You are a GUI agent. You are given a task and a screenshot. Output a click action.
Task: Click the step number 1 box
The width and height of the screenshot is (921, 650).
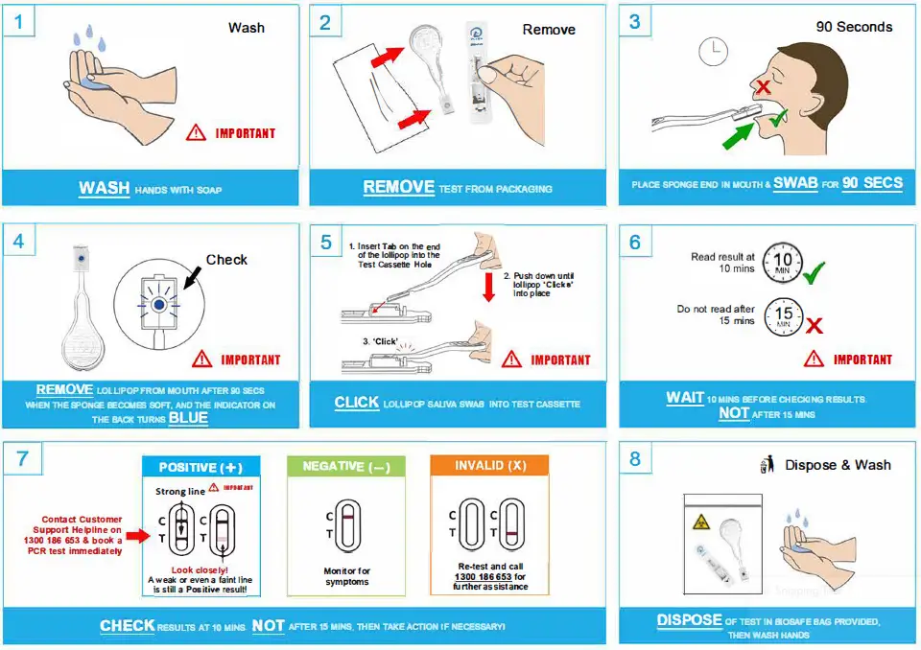pyautogui.click(x=18, y=22)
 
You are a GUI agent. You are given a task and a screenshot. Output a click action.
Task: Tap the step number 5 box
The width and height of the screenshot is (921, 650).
pyautogui.click(x=325, y=242)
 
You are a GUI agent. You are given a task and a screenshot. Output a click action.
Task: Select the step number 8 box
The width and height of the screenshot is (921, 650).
pyautogui.click(x=634, y=459)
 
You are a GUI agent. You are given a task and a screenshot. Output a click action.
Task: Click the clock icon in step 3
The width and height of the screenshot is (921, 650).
pyautogui.click(x=713, y=51)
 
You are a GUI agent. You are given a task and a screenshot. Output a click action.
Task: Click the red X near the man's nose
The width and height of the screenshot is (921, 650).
pyautogui.click(x=764, y=88)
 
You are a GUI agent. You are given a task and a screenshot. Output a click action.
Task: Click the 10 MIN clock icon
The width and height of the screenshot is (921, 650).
pyautogui.click(x=782, y=263)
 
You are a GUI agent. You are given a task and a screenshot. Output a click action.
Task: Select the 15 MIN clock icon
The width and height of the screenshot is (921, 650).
pyautogui.click(x=782, y=316)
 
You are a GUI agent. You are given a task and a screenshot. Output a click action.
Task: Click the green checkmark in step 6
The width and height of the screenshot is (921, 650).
pyautogui.click(x=815, y=273)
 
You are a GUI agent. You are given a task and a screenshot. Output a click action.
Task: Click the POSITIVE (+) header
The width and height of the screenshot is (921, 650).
pyautogui.click(x=201, y=467)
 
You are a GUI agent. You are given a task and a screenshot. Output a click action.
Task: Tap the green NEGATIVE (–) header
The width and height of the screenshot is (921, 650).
pyautogui.click(x=346, y=466)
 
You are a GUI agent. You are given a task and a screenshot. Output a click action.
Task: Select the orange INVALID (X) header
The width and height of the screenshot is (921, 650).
pyautogui.click(x=490, y=466)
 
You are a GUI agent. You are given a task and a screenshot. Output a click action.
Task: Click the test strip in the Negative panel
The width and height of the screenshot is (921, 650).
pyautogui.click(x=346, y=526)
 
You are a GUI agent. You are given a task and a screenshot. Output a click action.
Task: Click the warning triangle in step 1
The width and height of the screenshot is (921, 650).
pyautogui.click(x=196, y=132)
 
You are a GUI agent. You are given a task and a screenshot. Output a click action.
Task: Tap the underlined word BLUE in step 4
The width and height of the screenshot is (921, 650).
pyautogui.click(x=188, y=418)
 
